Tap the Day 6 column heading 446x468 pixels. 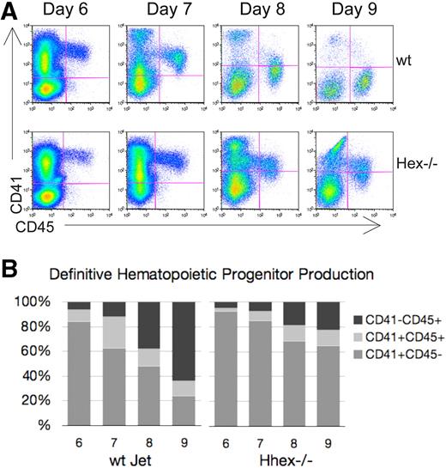click(x=72, y=11)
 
